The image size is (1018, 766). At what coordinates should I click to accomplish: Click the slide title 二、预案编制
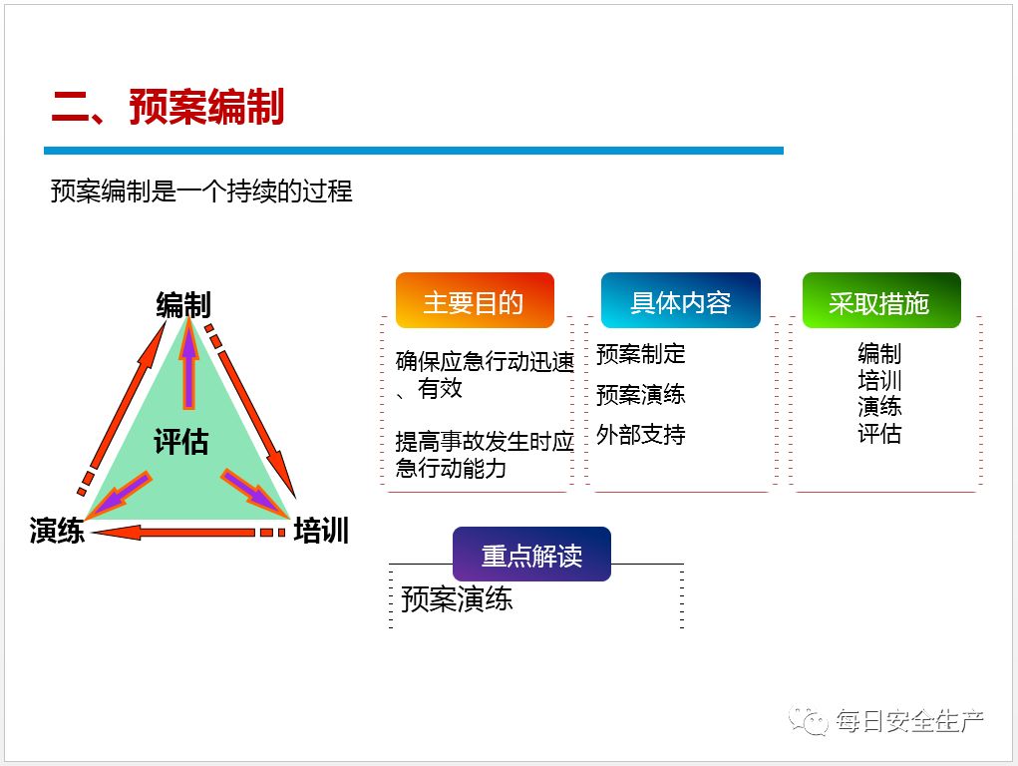(168, 107)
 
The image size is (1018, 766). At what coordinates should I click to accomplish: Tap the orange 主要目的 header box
(474, 301)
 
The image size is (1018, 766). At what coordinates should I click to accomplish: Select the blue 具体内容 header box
(680, 301)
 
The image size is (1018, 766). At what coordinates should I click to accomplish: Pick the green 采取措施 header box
(880, 301)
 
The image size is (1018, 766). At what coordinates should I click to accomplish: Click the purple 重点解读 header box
(531, 555)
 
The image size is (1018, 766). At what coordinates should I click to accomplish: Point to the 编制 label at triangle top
(184, 305)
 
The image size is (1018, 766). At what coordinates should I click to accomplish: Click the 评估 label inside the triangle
(181, 441)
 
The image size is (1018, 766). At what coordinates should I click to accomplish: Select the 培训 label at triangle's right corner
(321, 531)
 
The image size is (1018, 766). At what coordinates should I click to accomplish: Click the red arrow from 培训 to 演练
(189, 533)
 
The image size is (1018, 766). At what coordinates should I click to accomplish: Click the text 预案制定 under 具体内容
(641, 354)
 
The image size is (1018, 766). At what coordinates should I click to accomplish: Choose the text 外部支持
(641, 435)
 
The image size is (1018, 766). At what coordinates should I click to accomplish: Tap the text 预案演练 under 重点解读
(457, 598)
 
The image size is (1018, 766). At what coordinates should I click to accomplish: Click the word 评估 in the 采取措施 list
(879, 434)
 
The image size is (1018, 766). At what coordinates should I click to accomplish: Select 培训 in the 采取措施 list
(879, 380)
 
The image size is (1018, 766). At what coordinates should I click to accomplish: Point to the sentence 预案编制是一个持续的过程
(201, 191)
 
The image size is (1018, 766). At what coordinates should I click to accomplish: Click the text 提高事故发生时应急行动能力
(485, 455)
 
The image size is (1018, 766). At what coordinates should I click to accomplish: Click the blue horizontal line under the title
(413, 151)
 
